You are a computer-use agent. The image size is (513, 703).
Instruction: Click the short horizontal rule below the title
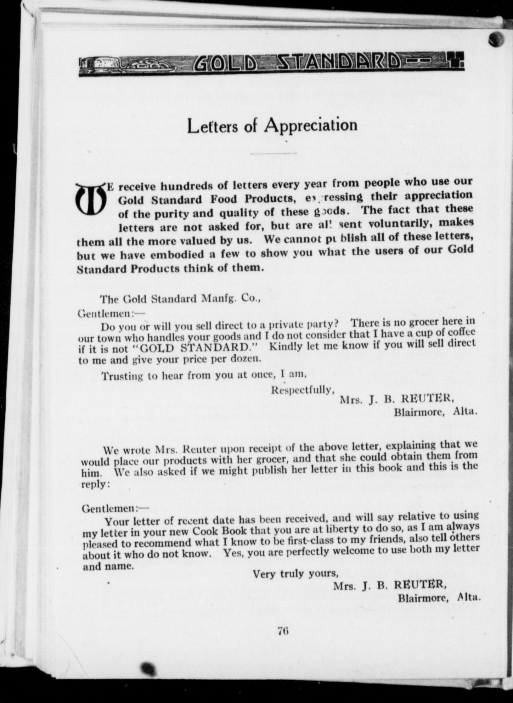click(x=274, y=153)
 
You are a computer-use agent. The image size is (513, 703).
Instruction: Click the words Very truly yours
click(x=293, y=573)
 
